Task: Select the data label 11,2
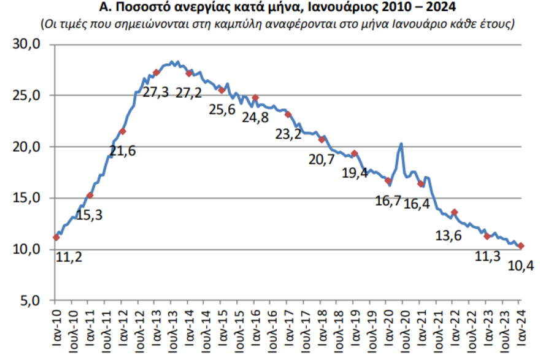69,257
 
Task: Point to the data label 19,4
355,173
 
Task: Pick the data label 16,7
388,201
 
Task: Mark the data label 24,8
255,118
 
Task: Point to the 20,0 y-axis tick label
27,147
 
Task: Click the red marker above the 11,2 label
56,237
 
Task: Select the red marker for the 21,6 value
123,131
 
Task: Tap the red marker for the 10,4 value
521,246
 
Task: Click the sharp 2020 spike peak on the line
401,144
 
